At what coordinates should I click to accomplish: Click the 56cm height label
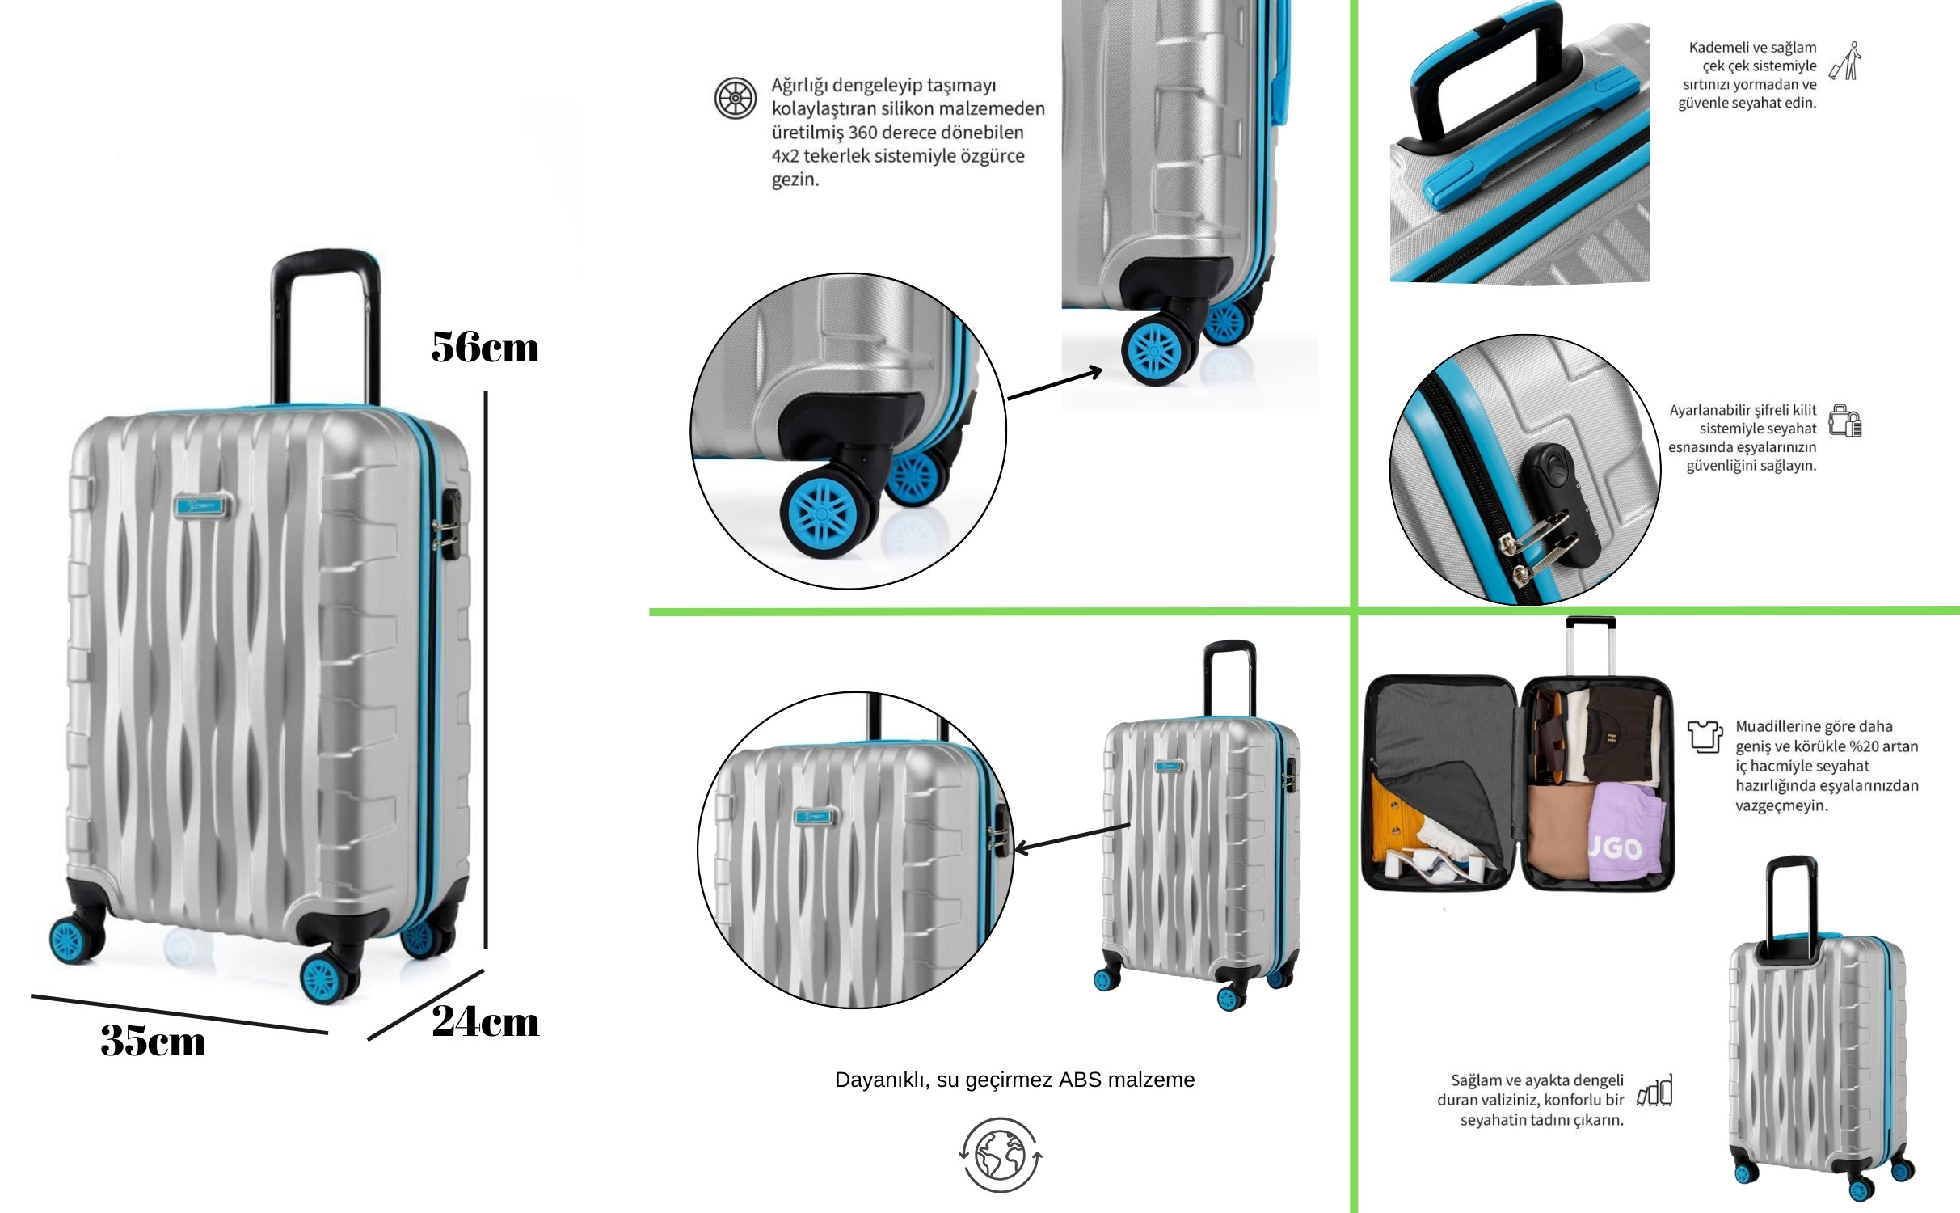tap(485, 347)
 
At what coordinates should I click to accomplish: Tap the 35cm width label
tap(154, 1041)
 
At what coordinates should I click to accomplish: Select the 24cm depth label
tap(485, 1021)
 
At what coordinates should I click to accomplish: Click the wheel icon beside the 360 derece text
tap(736, 99)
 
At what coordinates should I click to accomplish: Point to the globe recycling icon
tap(1001, 1155)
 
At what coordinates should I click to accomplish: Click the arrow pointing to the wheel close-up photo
tap(1056, 384)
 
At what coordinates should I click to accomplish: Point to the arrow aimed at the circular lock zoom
tap(1072, 838)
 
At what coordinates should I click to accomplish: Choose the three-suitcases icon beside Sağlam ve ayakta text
tap(1655, 1092)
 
